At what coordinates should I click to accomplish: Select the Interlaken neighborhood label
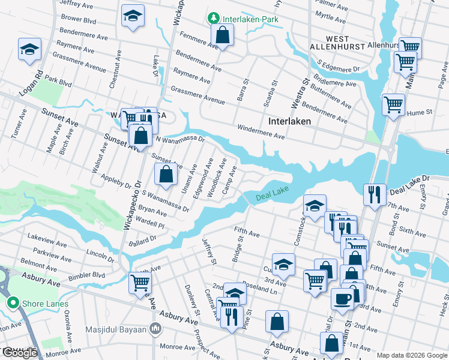289,121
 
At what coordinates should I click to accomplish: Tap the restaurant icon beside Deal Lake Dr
374,194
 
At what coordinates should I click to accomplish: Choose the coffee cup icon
342,298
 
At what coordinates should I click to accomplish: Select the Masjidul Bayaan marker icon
156,328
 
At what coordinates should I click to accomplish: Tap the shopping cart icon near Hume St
393,104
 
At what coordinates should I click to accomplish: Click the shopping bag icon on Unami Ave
166,174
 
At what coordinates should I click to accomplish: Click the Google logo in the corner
20,353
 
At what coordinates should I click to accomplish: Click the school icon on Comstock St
314,205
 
